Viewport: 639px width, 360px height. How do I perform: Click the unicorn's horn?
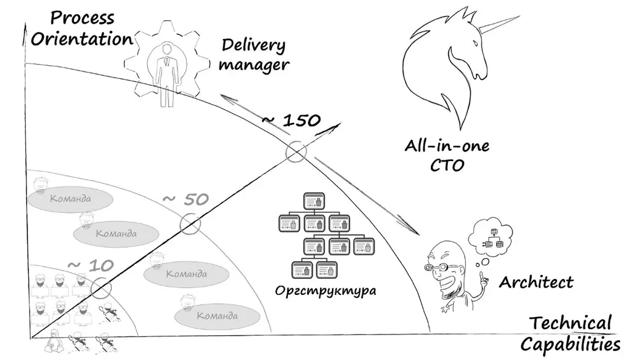click(x=499, y=24)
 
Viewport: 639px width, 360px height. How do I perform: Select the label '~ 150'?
click(x=291, y=120)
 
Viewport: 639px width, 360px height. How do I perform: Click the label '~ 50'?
click(x=186, y=200)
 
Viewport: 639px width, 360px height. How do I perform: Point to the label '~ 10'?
click(x=91, y=266)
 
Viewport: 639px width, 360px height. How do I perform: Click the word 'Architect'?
click(x=536, y=282)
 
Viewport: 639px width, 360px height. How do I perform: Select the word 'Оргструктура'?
click(x=325, y=291)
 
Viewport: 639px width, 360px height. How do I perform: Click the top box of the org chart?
click(x=314, y=201)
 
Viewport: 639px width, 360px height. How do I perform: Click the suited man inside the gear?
click(x=166, y=75)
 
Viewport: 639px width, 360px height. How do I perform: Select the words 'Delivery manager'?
click(x=253, y=55)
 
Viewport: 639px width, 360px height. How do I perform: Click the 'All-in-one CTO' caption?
click(x=447, y=156)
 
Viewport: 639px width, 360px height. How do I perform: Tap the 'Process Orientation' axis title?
click(x=82, y=28)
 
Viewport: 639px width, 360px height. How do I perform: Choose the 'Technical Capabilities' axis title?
click(x=570, y=333)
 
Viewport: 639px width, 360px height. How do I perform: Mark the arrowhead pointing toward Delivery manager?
click(x=228, y=99)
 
